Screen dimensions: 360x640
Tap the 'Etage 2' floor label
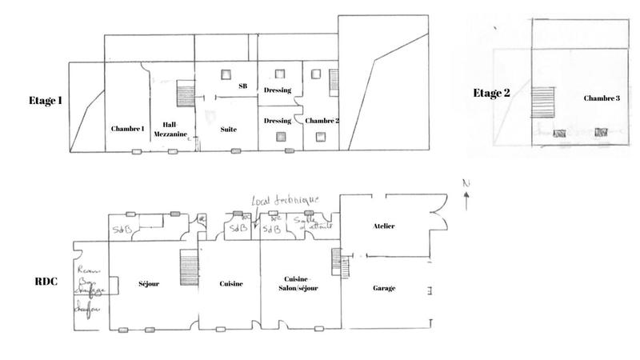491,93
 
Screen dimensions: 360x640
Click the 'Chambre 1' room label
126,128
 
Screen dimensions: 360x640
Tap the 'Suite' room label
227,128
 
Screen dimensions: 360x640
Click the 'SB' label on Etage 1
243,85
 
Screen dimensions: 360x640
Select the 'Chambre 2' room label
322,120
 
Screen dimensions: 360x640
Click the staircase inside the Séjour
188,263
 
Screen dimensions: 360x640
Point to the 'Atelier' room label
384,226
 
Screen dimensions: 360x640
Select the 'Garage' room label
384,286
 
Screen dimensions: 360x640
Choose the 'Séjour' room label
150,283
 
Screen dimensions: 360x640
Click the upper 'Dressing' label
277,90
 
